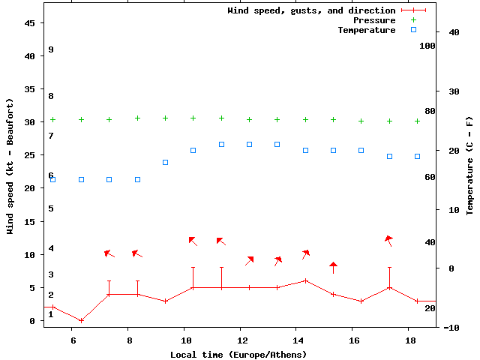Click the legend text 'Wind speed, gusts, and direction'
[x=311, y=10]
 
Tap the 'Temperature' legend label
[x=366, y=30]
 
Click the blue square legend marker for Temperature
[x=413, y=30]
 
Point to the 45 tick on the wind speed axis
[x=30, y=23]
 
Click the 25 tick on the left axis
[x=30, y=155]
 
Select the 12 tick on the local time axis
[x=240, y=341]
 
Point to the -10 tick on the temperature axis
[x=451, y=327]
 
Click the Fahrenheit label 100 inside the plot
[x=427, y=46]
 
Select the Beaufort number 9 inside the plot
[x=51, y=49]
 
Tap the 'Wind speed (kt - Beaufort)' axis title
[x=10, y=165]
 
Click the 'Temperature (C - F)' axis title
[x=469, y=165]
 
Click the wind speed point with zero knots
[x=81, y=320]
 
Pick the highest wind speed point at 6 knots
[x=305, y=280]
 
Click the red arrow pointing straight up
[x=333, y=267]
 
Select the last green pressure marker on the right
[x=417, y=121]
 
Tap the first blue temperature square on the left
[x=52, y=179]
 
